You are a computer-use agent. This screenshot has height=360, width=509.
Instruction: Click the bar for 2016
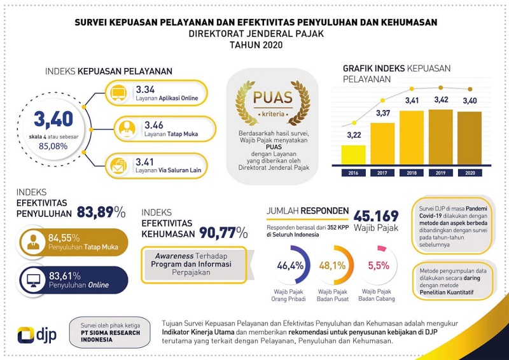click(x=354, y=155)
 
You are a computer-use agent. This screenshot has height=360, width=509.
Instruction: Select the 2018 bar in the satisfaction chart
click(x=412, y=137)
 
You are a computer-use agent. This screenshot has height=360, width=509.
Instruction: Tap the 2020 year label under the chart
click(x=470, y=173)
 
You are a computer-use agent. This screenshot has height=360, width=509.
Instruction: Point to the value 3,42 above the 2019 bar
click(x=441, y=100)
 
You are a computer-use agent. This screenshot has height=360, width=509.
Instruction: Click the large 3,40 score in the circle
click(x=53, y=119)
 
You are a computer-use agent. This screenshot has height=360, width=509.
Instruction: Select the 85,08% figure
click(x=53, y=146)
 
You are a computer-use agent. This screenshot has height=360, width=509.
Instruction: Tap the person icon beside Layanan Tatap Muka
click(x=127, y=129)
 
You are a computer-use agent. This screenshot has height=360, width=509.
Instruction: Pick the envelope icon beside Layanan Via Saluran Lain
click(x=118, y=165)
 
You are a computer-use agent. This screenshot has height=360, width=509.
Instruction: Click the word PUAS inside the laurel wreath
click(x=273, y=97)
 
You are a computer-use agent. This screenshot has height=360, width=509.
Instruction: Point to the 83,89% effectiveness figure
click(x=101, y=212)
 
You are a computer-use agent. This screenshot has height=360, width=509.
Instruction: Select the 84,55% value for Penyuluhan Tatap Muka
click(x=64, y=238)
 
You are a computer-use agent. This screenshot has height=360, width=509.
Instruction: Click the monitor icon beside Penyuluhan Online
click(x=34, y=280)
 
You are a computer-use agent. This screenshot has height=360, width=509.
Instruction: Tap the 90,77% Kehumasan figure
click(x=223, y=233)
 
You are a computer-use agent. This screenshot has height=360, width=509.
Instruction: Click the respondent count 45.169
click(x=376, y=216)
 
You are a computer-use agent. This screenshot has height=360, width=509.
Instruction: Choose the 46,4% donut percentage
click(x=290, y=265)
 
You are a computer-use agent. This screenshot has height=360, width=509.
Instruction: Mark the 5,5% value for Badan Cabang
click(x=379, y=265)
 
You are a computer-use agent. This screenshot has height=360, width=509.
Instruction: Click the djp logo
click(x=37, y=335)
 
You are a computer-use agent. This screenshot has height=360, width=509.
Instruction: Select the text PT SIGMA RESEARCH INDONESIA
click(x=110, y=336)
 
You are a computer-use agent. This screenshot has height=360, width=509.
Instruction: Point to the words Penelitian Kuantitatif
click(x=447, y=293)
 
